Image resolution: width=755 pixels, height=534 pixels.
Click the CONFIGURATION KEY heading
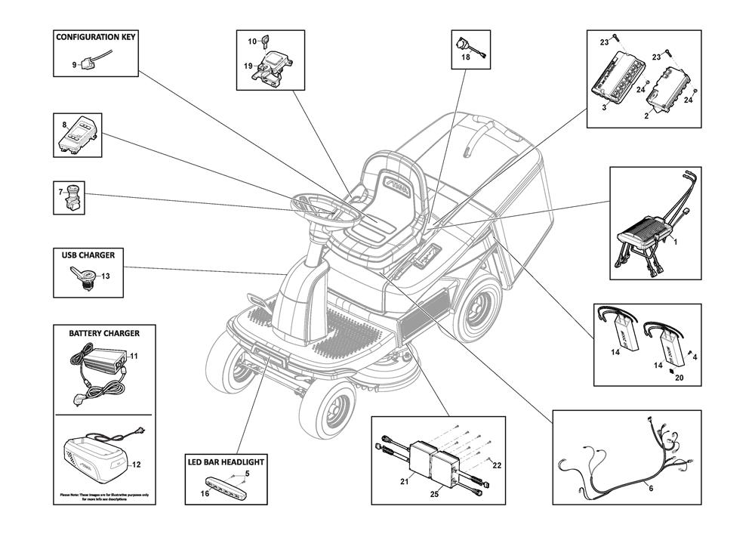coord(95,37)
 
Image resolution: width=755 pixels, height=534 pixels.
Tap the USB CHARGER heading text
coord(88,255)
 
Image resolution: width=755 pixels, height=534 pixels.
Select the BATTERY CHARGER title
coord(103,332)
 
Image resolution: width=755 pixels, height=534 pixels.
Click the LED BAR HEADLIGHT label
coord(226,460)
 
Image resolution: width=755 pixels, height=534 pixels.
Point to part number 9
coord(75,65)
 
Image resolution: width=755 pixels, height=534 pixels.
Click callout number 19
coord(248,66)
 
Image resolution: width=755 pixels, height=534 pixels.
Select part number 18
coord(466,57)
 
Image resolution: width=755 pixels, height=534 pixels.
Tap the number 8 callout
coord(65,123)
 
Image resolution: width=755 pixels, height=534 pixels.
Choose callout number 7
coord(60,193)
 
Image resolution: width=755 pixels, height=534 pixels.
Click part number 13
coord(106,276)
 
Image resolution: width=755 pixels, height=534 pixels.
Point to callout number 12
coord(136,465)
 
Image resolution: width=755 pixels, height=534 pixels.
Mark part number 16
coord(205,493)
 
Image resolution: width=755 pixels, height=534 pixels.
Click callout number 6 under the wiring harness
coord(651,489)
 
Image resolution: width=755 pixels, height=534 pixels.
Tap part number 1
coord(674,242)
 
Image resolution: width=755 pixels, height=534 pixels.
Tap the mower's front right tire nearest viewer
coord(329,407)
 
